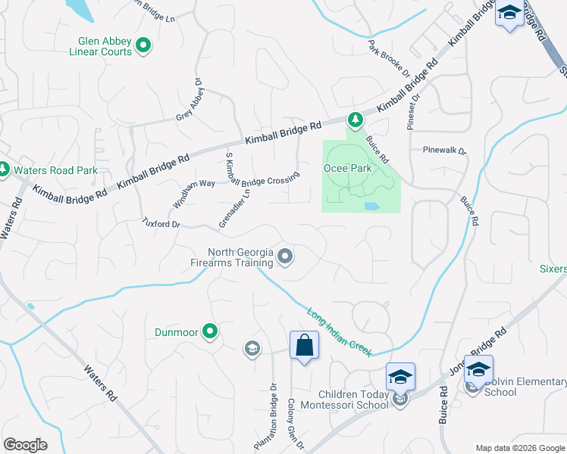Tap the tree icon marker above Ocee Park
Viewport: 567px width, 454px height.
pyautogui.click(x=354, y=120)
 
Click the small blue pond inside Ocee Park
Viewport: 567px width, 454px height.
pyautogui.click(x=371, y=206)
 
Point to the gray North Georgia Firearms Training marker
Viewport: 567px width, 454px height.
pyautogui.click(x=285, y=258)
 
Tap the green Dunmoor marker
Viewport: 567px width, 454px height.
pyautogui.click(x=211, y=331)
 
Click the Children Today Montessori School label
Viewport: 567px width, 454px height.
pyautogui.click(x=353, y=400)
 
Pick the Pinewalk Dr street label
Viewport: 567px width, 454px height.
pyautogui.click(x=445, y=151)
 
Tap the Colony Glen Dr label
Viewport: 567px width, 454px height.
pyautogui.click(x=295, y=426)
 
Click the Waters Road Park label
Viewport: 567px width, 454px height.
pyautogui.click(x=55, y=170)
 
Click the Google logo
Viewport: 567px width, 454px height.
pyautogui.click(x=25, y=445)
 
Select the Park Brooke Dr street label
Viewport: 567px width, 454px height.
pyautogui.click(x=389, y=60)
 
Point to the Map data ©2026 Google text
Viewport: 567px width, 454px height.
pyautogui.click(x=519, y=447)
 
